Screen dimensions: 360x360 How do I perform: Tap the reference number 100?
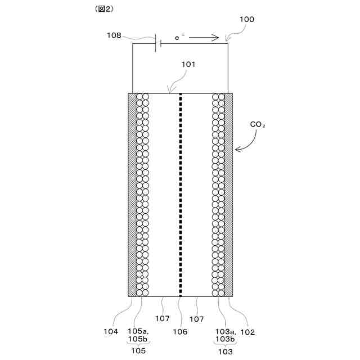[x=246, y=19]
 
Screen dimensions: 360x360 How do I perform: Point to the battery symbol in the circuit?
[x=157, y=43]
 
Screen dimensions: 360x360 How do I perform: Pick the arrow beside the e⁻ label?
[x=206, y=38]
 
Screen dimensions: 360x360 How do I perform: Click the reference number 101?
[x=188, y=64]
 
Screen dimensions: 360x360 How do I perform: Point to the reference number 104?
[x=111, y=332]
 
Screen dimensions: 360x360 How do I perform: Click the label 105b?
[x=138, y=340]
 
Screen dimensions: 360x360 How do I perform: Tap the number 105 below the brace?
[x=138, y=351]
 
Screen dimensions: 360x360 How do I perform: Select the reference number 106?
[x=180, y=332]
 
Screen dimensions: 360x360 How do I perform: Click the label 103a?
[x=223, y=332]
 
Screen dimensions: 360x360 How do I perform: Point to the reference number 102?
[x=248, y=332]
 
